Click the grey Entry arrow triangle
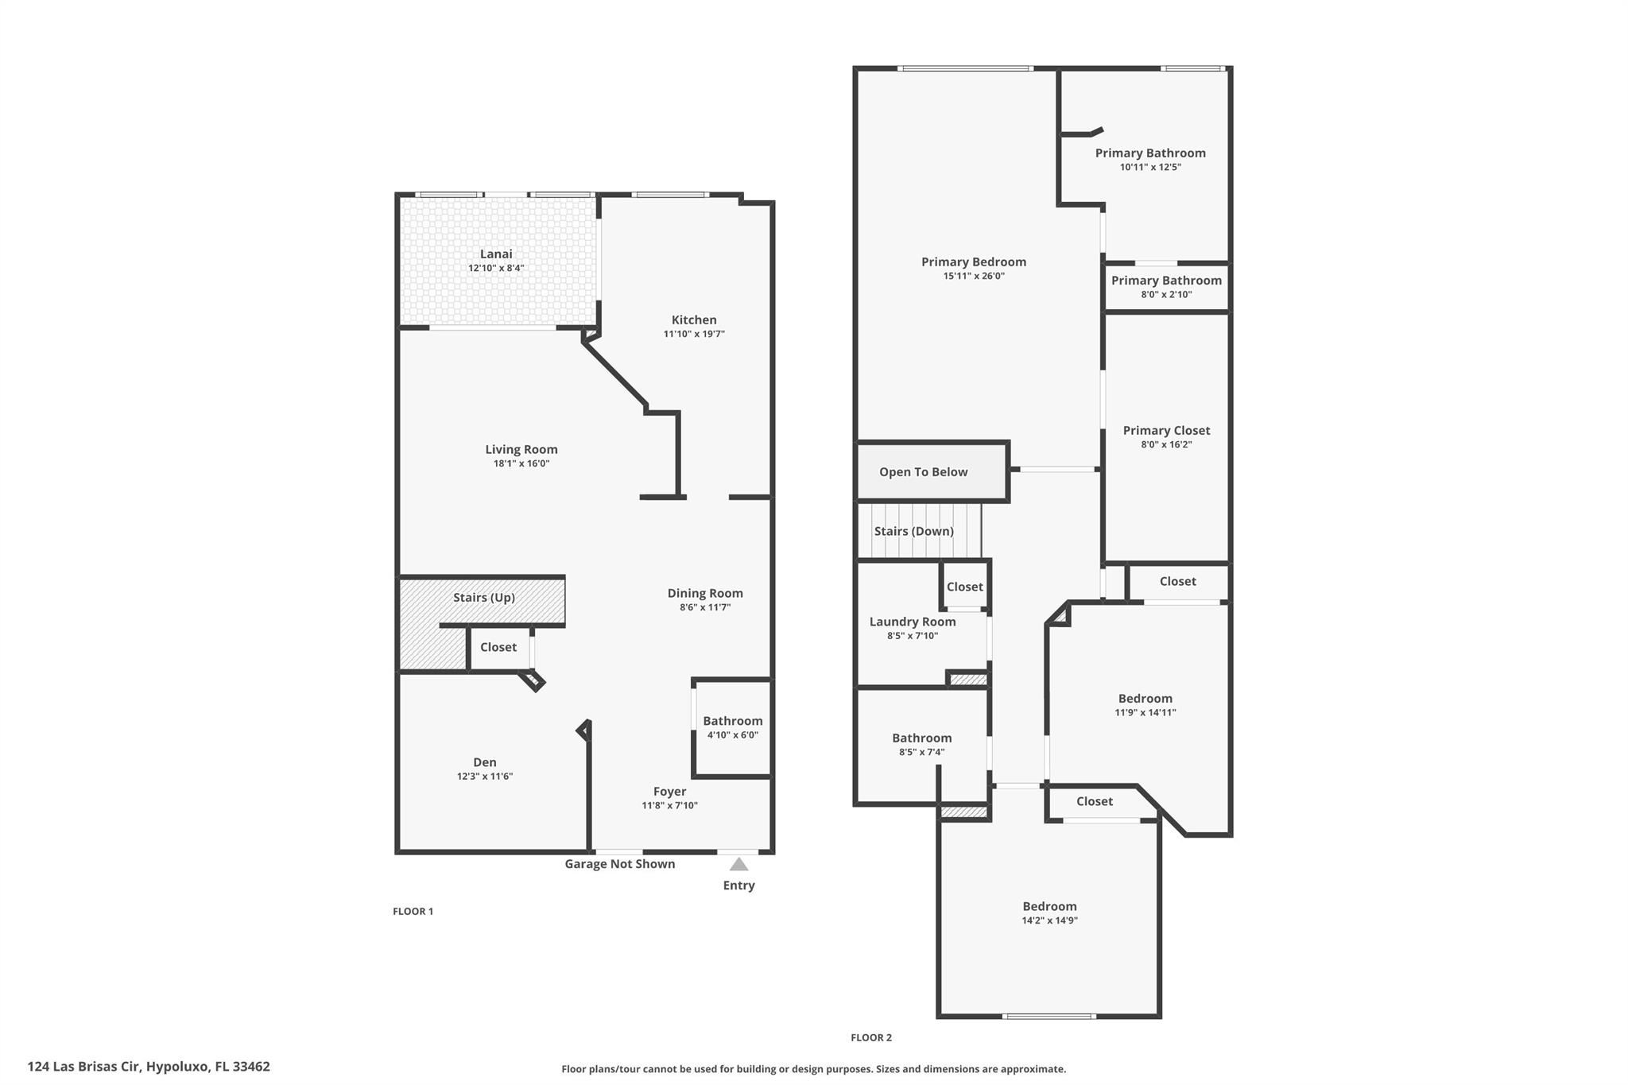click(738, 864)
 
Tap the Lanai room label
click(496, 254)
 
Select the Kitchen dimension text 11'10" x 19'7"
click(694, 334)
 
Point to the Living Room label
click(521, 449)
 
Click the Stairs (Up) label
click(484, 597)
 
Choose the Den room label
click(485, 762)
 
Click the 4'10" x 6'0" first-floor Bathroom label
click(732, 721)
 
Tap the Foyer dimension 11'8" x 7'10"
click(669, 805)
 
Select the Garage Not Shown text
click(619, 864)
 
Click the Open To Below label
click(923, 472)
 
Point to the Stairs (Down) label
click(913, 531)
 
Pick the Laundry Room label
click(913, 622)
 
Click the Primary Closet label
click(1166, 430)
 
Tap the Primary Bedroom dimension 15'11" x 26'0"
click(974, 276)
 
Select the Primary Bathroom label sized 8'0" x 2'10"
click(1166, 280)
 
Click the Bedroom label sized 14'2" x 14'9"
click(1049, 906)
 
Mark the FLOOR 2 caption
click(871, 1037)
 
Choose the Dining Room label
click(705, 593)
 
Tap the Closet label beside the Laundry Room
click(964, 587)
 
